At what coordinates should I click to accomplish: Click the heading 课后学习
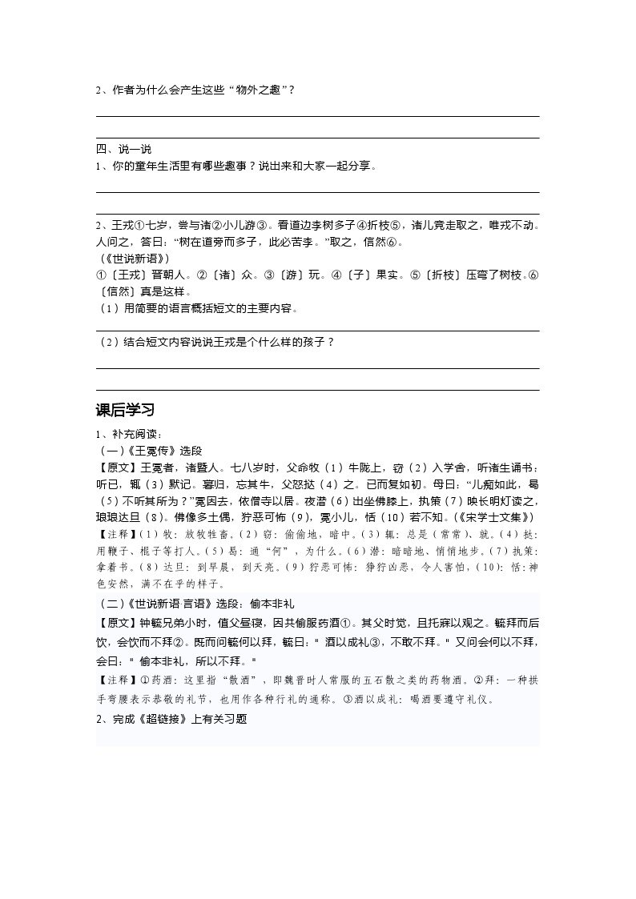(x=125, y=411)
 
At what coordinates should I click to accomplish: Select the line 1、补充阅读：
(x=129, y=434)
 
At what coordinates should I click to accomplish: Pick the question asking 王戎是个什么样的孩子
(x=216, y=342)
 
